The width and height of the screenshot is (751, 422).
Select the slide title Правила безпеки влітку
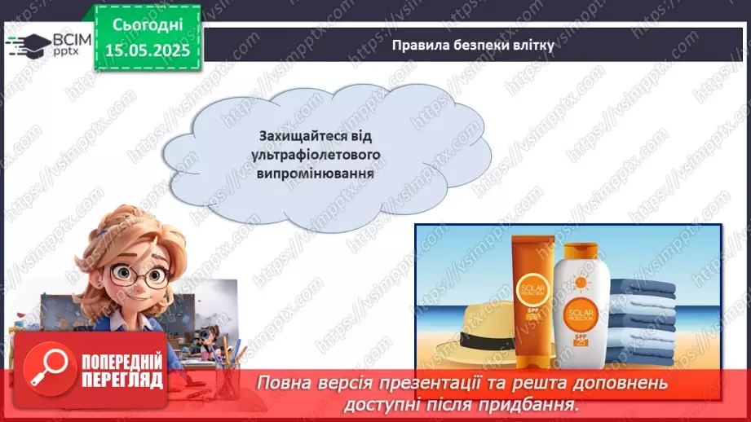473,46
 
